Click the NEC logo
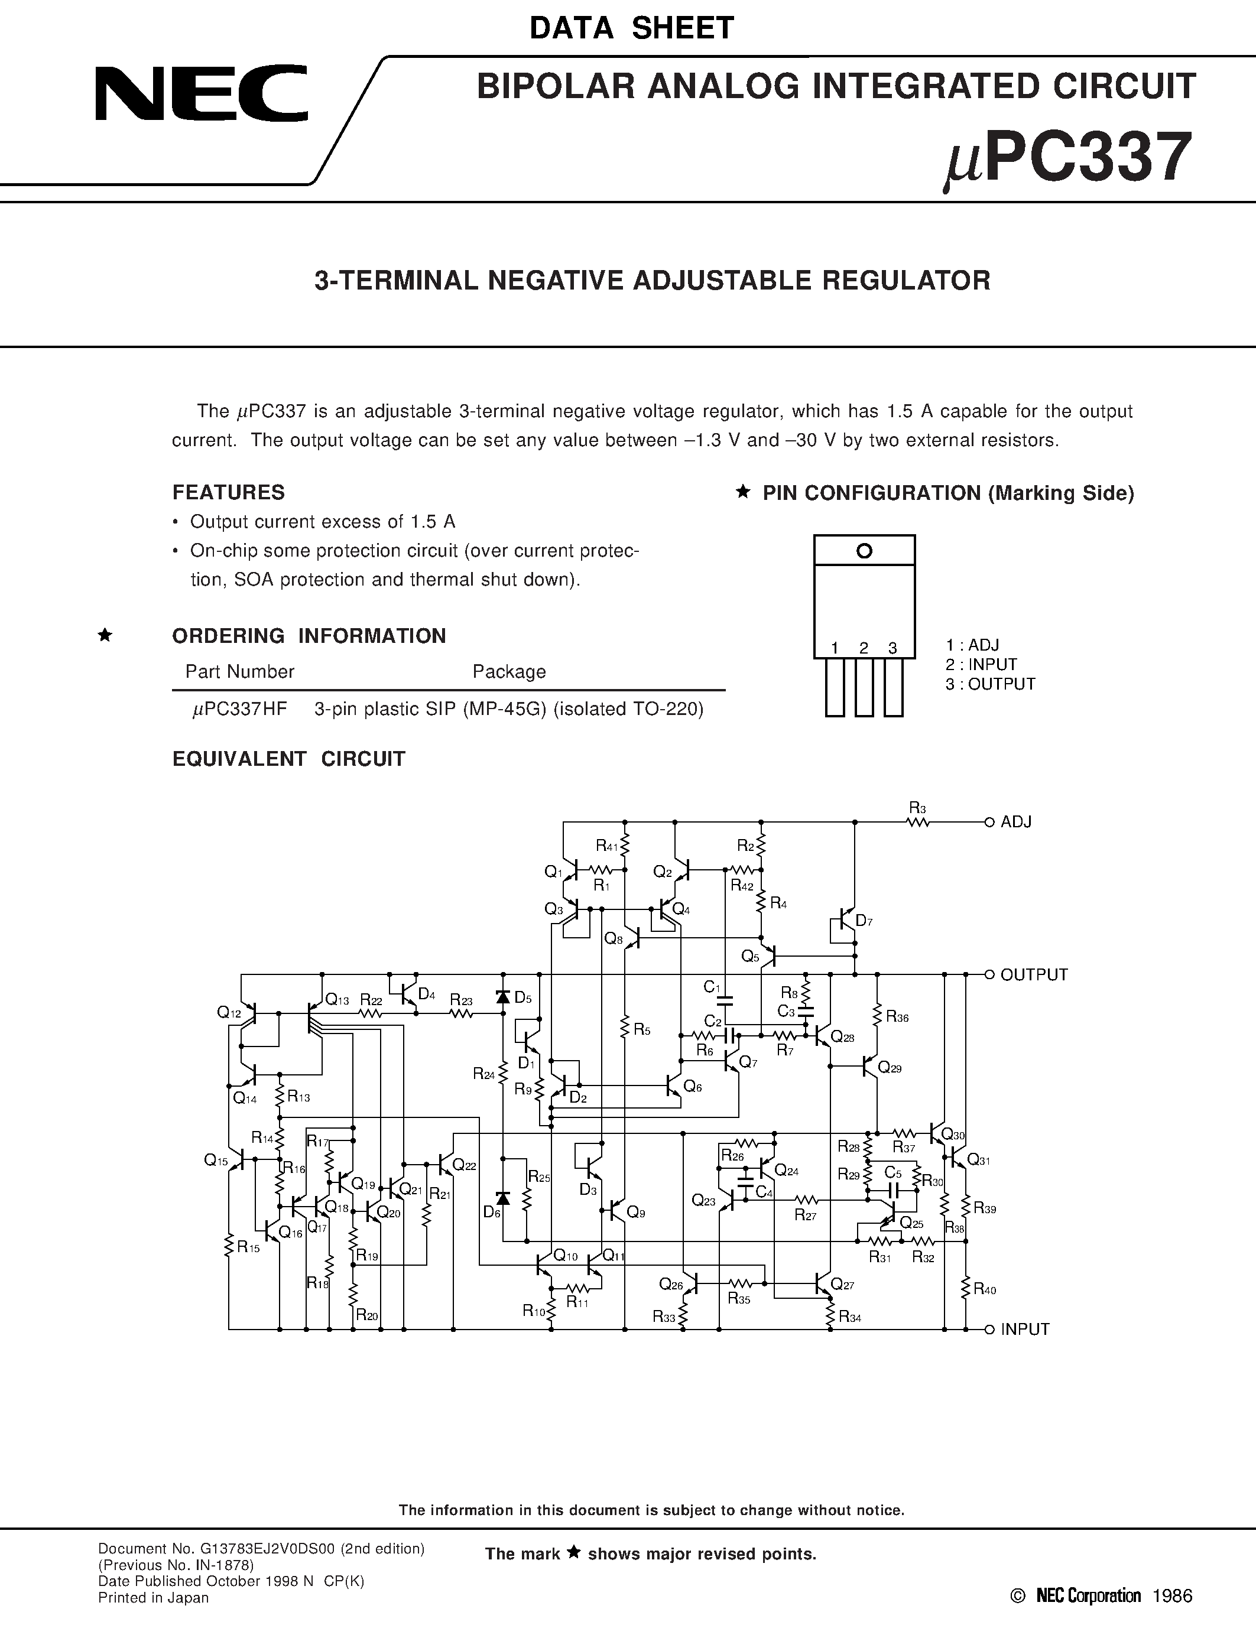pos(201,94)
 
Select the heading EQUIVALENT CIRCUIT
pos(288,759)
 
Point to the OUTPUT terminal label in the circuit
pos(1034,974)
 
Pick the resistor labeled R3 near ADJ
pos(918,821)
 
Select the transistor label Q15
pos(216,1160)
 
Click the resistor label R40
pos(985,1290)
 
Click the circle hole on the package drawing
pos(864,551)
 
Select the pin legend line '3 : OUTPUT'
pos(989,684)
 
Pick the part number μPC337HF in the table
pos(239,709)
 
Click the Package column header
pos(509,672)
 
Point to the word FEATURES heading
pos(228,493)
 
